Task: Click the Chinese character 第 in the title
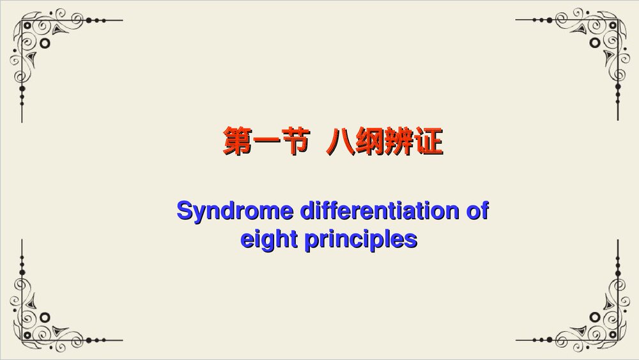pyautogui.click(x=236, y=142)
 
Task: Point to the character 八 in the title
pyautogui.click(x=339, y=142)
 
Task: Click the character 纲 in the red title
pyautogui.click(x=369, y=142)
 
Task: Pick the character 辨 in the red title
pyautogui.click(x=398, y=142)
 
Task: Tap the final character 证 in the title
pyautogui.click(x=427, y=142)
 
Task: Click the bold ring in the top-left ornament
pyautogui.click(x=45, y=43)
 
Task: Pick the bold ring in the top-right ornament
pyautogui.click(x=594, y=43)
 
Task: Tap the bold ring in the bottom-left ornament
pyautogui.click(x=45, y=317)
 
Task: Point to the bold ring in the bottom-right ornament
pyautogui.click(x=594, y=317)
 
